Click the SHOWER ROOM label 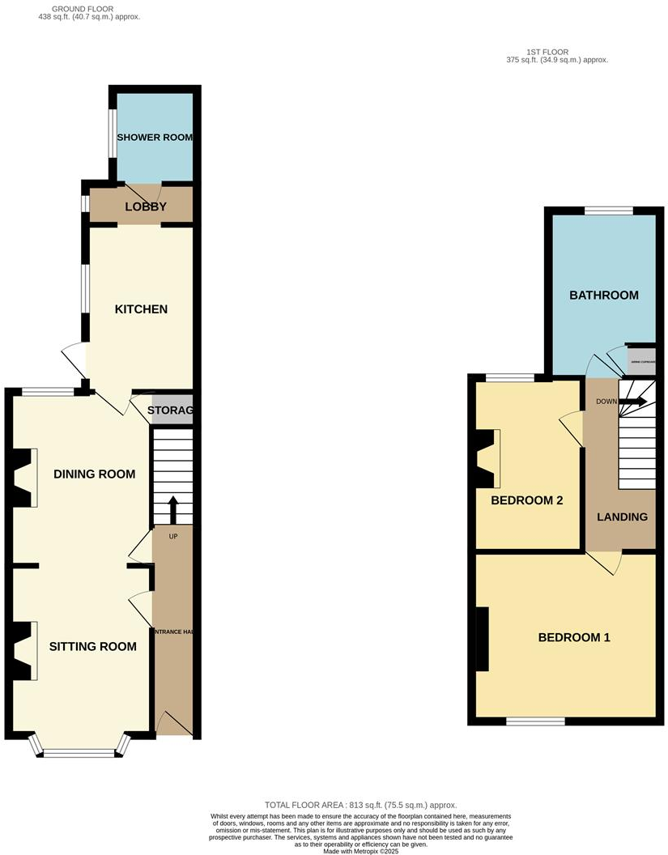(x=155, y=137)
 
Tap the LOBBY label (x=146, y=206)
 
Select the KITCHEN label (x=141, y=309)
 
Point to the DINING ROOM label (x=94, y=474)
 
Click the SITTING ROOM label (x=92, y=646)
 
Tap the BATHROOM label (x=603, y=295)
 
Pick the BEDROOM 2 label (x=526, y=500)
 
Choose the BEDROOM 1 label (x=574, y=637)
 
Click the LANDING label (x=622, y=517)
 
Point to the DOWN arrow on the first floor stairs (x=634, y=401)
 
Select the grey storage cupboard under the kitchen (x=170, y=410)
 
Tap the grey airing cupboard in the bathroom (x=640, y=360)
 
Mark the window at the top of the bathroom (x=608, y=211)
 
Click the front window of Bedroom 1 (x=535, y=721)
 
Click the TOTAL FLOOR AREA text (x=360, y=805)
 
